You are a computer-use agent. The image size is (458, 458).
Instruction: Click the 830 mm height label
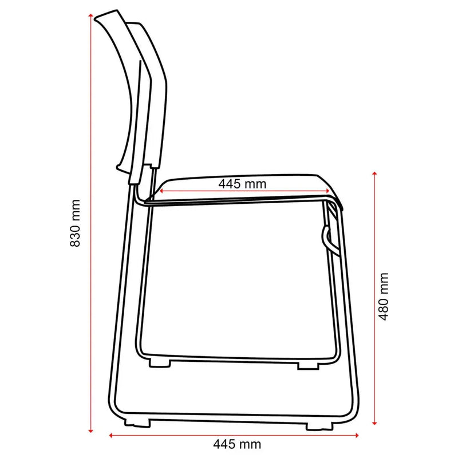click(x=74, y=223)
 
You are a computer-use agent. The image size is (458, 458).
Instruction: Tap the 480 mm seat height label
click(x=383, y=296)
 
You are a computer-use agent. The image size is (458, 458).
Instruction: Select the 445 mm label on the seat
click(x=242, y=184)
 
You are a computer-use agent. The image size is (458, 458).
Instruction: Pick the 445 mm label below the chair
click(x=237, y=444)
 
